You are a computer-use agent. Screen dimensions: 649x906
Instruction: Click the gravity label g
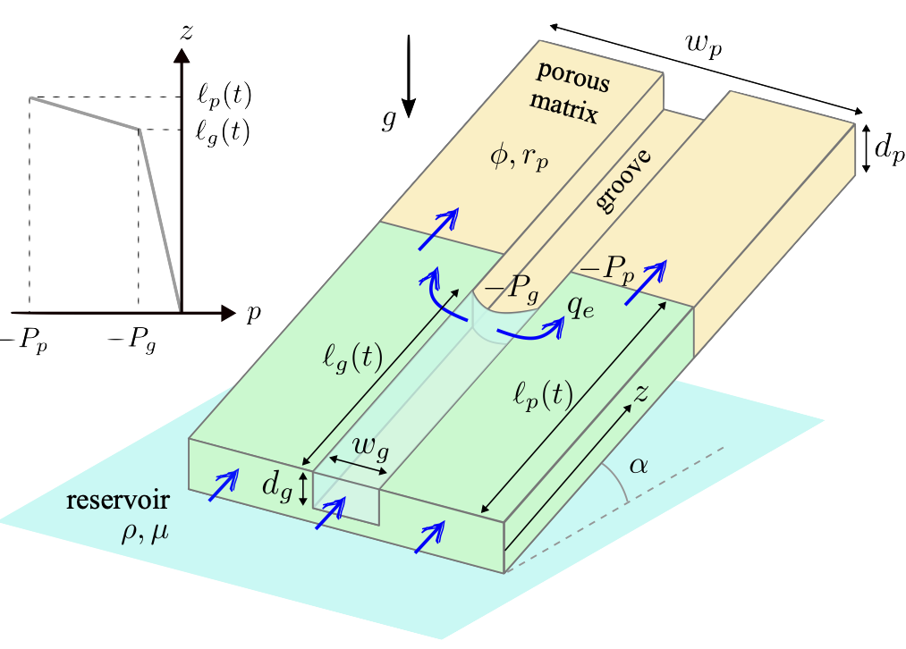(388, 122)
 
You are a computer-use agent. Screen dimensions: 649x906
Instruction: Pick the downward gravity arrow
(409, 77)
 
